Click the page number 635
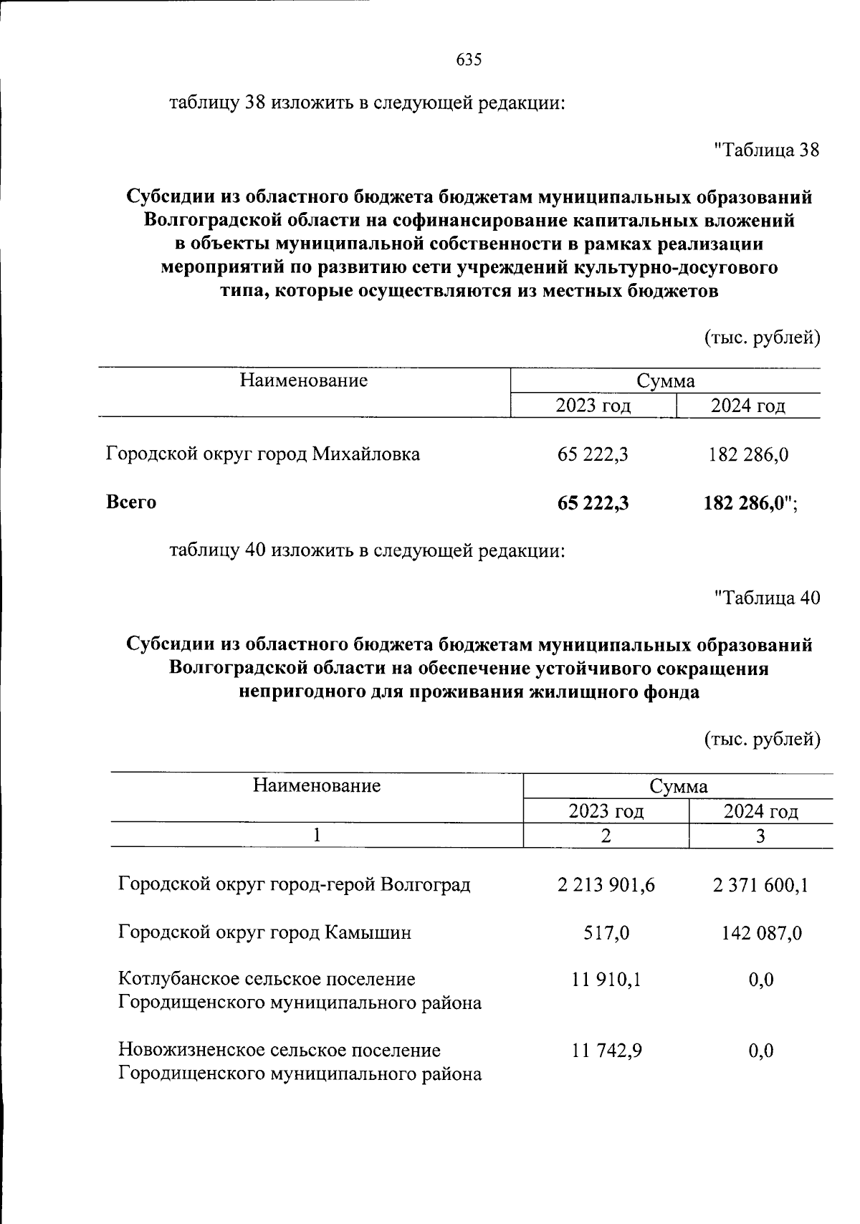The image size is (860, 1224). click(x=469, y=59)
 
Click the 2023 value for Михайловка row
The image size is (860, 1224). click(x=593, y=454)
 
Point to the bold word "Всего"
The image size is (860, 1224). click(x=131, y=502)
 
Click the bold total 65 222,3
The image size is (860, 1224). click(x=593, y=503)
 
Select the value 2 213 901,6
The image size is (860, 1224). click(x=606, y=885)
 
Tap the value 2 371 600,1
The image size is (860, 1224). click(x=760, y=885)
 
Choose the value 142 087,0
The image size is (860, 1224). click(x=763, y=933)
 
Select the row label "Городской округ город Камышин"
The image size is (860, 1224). click(x=264, y=933)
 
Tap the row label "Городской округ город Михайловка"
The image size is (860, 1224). click(x=263, y=454)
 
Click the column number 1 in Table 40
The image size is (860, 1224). click(x=317, y=836)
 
